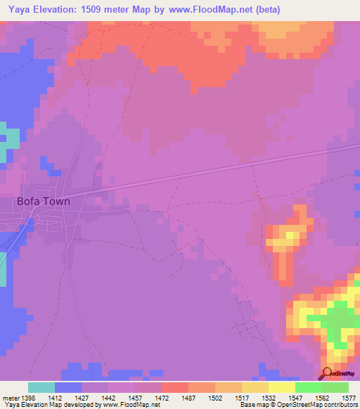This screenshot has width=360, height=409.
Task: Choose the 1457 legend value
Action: pos(135,398)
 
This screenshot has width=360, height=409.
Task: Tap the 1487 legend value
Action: pos(188,398)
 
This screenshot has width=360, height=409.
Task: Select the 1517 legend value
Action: pos(242,398)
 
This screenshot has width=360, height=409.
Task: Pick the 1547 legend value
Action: pos(295,398)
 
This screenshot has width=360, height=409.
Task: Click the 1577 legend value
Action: pos(348,398)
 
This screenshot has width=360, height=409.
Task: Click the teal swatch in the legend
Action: pos(41,387)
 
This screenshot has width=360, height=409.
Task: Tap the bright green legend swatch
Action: pos(309,387)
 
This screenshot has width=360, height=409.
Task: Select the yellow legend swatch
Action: pos(282,387)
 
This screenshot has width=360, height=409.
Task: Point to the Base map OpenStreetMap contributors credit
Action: pos(299,405)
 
